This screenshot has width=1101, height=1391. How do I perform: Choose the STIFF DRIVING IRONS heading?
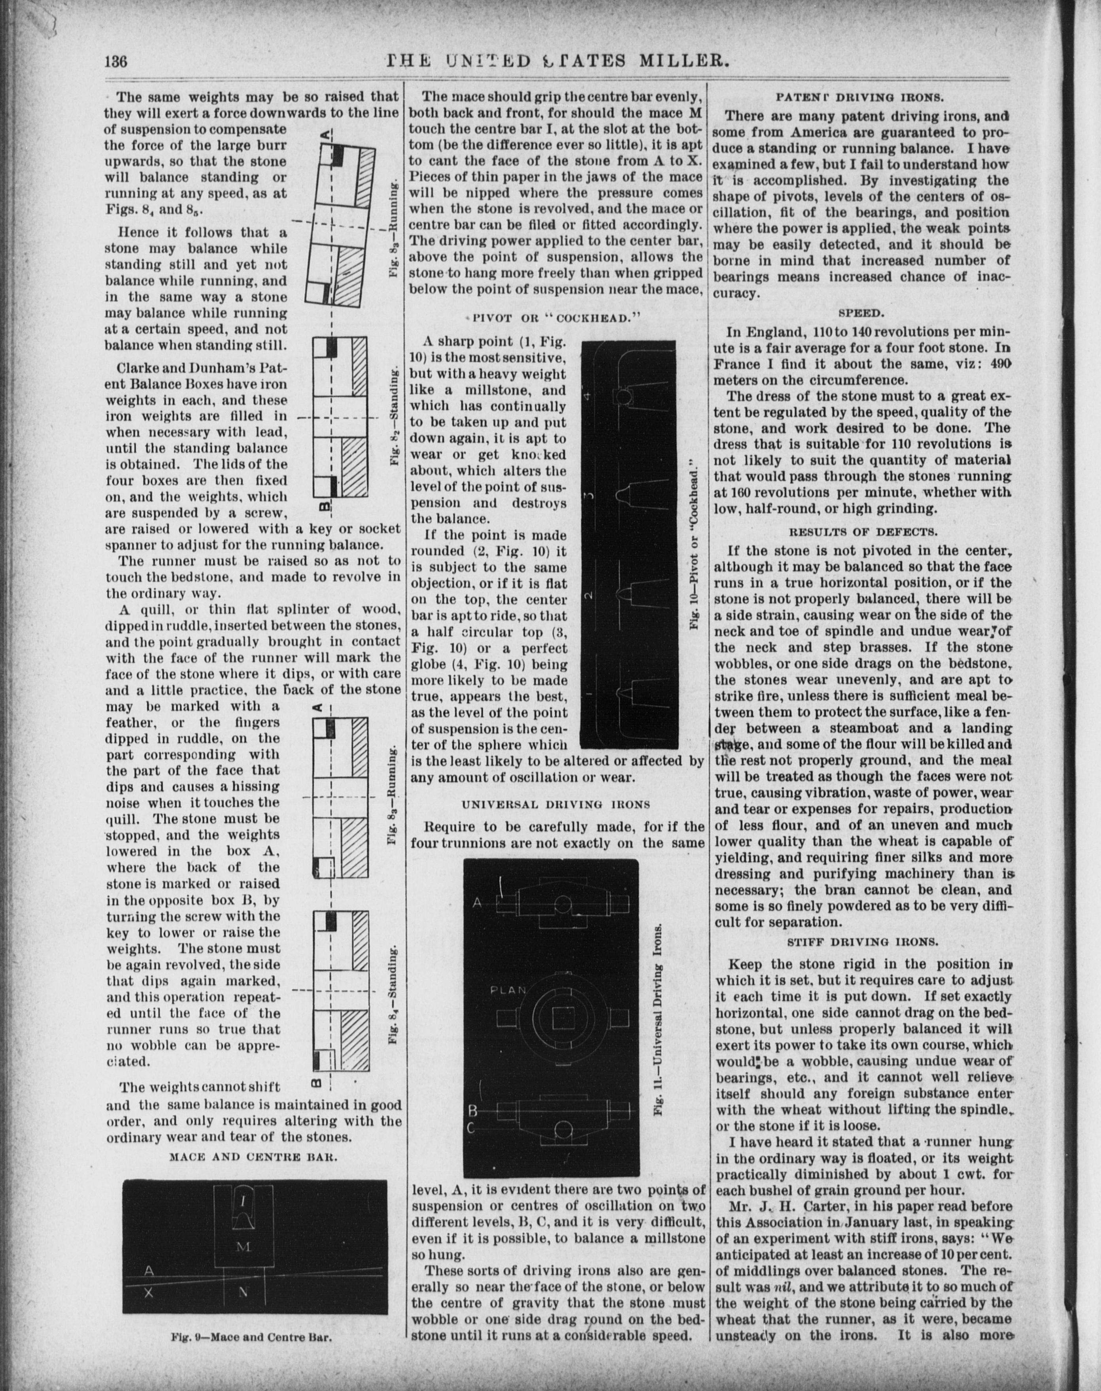861,941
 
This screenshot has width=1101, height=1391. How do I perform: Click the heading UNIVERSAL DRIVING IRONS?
556,804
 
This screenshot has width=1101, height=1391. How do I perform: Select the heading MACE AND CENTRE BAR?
253,1157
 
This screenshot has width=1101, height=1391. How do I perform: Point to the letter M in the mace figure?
243,1247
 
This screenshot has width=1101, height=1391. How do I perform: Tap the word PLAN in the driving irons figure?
509,990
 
